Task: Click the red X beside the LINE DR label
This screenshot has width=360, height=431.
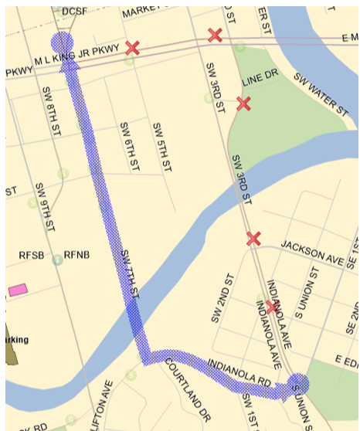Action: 243,104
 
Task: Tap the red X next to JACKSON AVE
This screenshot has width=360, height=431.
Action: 253,239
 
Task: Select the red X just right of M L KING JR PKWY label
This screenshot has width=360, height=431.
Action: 132,48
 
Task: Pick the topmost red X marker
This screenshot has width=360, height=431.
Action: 216,35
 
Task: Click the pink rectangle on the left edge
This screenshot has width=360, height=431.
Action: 18,290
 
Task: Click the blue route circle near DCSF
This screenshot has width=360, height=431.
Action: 62,43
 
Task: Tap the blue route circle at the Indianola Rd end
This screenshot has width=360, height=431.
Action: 298,383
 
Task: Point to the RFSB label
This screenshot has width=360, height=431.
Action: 33,255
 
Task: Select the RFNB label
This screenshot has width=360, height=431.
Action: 77,255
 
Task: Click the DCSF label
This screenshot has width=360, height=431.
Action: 74,11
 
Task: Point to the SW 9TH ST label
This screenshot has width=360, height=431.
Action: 45,207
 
